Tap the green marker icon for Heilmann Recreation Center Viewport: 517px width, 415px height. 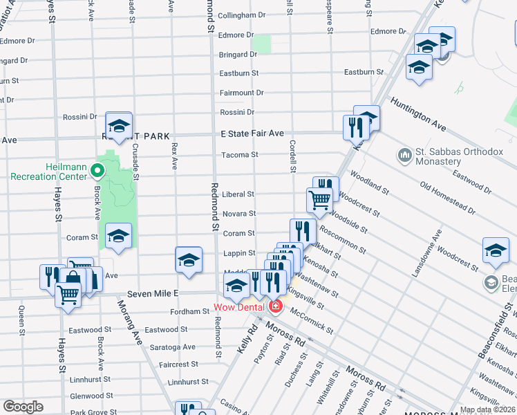point(97,169)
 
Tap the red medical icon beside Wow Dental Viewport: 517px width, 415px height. point(276,306)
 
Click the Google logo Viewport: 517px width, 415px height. point(23,407)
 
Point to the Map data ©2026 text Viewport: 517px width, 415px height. point(487,409)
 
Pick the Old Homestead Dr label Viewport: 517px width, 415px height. point(447,197)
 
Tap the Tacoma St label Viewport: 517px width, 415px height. point(239,155)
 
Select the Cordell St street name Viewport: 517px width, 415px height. point(292,157)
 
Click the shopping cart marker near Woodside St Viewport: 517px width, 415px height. point(319,199)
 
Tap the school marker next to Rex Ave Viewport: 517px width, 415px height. point(189,260)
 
